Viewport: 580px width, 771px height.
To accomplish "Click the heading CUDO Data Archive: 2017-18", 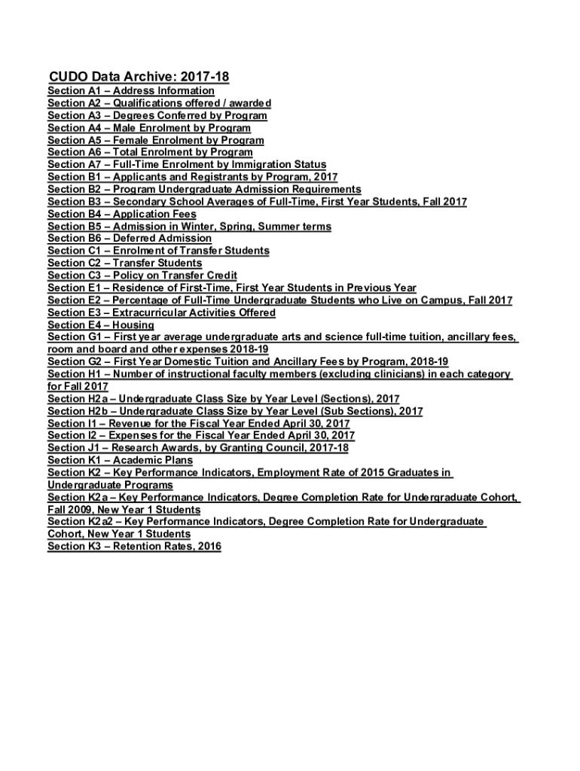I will click(139, 77).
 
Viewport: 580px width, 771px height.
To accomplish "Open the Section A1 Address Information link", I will click(131, 91).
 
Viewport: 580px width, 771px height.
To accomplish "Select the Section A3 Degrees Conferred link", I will click(157, 116).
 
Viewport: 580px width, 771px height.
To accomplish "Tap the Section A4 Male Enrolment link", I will click(149, 128).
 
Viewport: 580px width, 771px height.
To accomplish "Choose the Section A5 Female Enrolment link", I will click(155, 140).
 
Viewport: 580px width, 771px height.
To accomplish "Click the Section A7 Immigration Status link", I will click(187, 165).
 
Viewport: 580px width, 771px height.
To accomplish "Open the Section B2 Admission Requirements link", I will click(204, 190).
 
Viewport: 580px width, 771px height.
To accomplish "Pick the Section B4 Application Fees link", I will click(122, 214).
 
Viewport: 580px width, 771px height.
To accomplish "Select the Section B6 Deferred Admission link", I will click(130, 239).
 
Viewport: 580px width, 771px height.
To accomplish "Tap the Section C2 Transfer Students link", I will click(125, 263).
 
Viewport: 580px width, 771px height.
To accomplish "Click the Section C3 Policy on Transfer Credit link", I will click(142, 276).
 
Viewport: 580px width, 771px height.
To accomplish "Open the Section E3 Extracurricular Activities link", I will click(161, 312).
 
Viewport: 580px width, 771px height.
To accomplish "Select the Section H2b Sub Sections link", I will click(235, 411).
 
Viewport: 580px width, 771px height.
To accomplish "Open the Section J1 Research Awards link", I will click(198, 448).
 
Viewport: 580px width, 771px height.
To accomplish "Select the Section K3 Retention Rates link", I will click(134, 547).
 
